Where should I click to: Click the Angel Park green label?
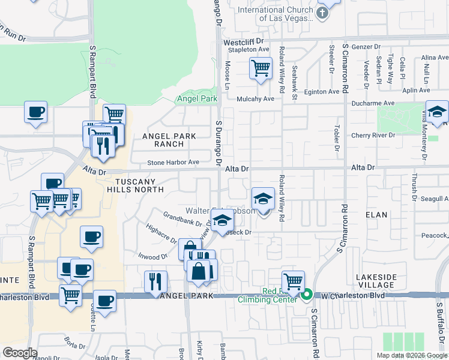(196, 98)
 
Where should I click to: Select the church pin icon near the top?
(324, 12)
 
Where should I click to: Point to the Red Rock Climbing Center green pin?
(307, 294)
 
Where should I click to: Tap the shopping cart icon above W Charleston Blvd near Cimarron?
(293, 280)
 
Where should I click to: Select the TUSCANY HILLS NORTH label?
(135, 185)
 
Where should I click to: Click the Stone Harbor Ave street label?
(173, 163)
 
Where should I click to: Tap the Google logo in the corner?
(20, 352)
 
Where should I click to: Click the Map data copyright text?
(412, 355)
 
